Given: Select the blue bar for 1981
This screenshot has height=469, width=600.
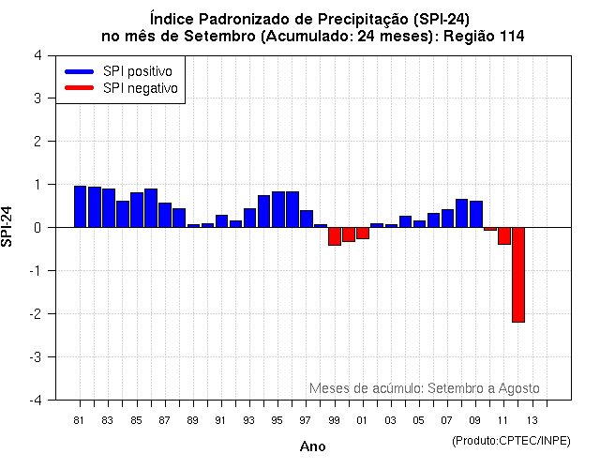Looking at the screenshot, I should pos(80,206).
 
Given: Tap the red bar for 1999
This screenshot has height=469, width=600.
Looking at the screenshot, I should pos(335,235).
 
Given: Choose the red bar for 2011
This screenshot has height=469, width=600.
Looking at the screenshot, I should pos(503,235).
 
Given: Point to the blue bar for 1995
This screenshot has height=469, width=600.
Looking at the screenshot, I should pos(277,209).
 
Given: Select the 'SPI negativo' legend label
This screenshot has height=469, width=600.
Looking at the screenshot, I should pos(141,88).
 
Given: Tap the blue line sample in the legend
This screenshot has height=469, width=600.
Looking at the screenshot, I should pos(80,71).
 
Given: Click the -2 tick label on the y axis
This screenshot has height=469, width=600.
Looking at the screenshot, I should pos(35,314).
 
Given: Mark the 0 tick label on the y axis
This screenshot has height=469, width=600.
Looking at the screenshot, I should pos(37,228).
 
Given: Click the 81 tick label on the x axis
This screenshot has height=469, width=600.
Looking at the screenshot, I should pos(80,420).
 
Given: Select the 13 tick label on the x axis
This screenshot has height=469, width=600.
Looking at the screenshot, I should pos(532,420).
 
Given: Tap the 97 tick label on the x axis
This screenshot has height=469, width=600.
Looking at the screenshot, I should pos(306,420).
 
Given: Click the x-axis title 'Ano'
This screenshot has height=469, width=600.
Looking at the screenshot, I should pos(312,446).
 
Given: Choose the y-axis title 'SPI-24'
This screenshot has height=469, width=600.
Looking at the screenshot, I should pos(8,227).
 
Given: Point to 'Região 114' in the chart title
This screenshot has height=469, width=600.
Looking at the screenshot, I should pos(483,36).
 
